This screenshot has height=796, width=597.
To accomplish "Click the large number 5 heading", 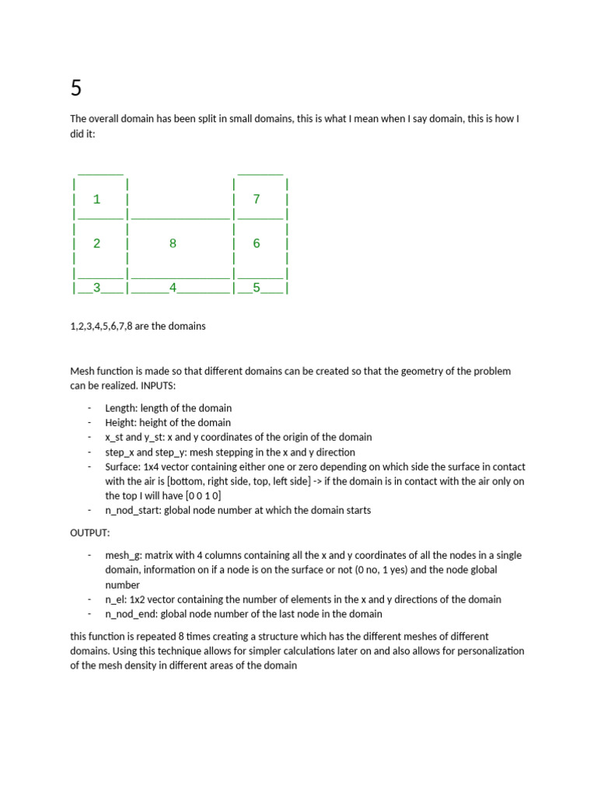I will pyautogui.click(x=75, y=89).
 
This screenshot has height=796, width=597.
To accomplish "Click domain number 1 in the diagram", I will pyautogui.click(x=96, y=199).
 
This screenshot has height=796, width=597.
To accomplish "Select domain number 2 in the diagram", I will pyautogui.click(x=96, y=243).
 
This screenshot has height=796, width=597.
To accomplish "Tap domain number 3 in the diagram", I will pyautogui.click(x=96, y=288).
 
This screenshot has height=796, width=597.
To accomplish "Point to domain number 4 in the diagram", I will pyautogui.click(x=173, y=288).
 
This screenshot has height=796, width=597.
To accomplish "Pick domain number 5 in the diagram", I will pyautogui.click(x=257, y=288).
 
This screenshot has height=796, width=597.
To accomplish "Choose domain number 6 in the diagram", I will pyautogui.click(x=257, y=243).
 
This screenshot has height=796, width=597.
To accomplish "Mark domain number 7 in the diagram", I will pyautogui.click(x=257, y=199).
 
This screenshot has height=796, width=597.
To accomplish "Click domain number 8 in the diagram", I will pyautogui.click(x=173, y=243).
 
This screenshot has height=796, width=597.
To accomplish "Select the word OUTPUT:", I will pyautogui.click(x=90, y=533).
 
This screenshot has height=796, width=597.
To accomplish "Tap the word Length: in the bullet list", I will pyautogui.click(x=122, y=408).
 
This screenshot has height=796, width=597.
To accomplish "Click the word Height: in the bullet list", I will pyautogui.click(x=122, y=423).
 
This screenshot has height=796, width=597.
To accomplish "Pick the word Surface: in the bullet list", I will pyautogui.click(x=124, y=467).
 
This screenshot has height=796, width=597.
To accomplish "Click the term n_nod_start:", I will pyautogui.click(x=135, y=511).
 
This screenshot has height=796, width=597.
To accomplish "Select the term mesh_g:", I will pyautogui.click(x=124, y=556).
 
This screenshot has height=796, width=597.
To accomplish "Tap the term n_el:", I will pyautogui.click(x=116, y=599).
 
